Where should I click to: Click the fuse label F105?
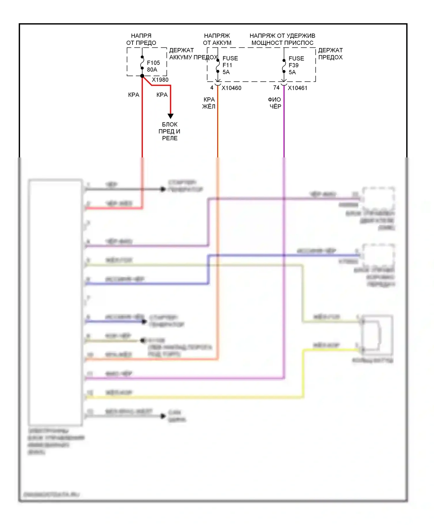tap(153, 63)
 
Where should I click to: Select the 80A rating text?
tap(152, 70)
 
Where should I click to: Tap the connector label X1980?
tap(160, 80)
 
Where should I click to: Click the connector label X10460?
tap(231, 88)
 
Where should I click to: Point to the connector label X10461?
tap(297, 88)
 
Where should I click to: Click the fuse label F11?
tap(227, 65)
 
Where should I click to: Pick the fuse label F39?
tap(293, 65)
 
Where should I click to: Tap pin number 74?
tap(276, 88)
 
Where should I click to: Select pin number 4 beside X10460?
tap(212, 88)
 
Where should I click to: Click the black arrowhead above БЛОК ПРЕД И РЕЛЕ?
tap(170, 116)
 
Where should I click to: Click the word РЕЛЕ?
tap(170, 138)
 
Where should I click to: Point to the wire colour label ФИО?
tap(274, 100)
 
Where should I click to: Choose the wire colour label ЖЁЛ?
tap(209, 107)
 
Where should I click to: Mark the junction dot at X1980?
tap(142, 76)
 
